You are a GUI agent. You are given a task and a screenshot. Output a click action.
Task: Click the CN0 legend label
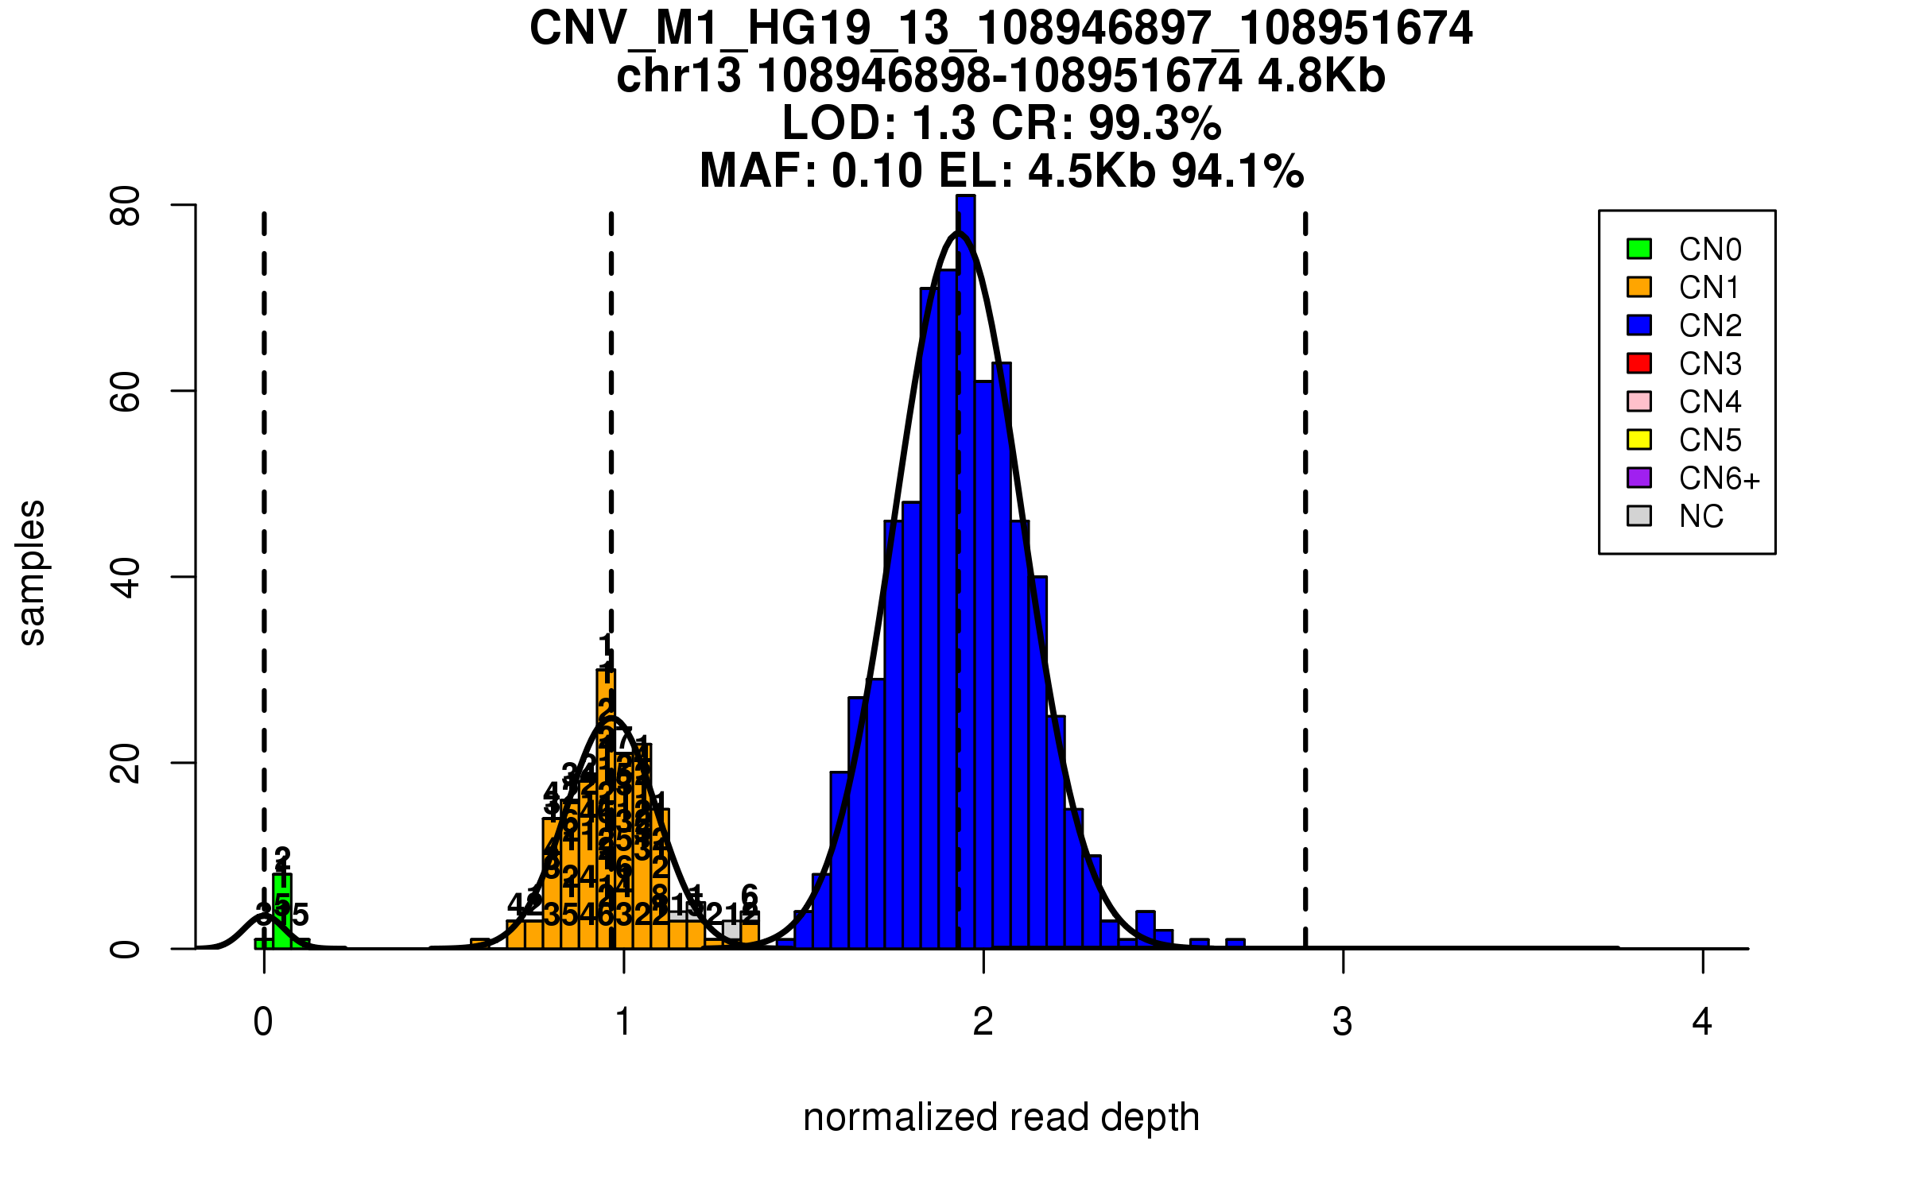pyautogui.click(x=1709, y=250)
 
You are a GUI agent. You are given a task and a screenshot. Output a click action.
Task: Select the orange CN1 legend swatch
pyautogui.click(x=1639, y=287)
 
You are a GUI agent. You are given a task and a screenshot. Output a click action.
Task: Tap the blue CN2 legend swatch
pyautogui.click(x=1639, y=325)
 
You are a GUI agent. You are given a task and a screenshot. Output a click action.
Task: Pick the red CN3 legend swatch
pyautogui.click(x=1639, y=363)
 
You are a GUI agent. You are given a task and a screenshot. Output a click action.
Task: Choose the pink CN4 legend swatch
pyautogui.click(x=1639, y=401)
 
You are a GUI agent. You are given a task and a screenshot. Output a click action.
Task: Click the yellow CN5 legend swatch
pyautogui.click(x=1639, y=439)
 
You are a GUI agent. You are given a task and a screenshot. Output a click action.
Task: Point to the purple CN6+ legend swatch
pyautogui.click(x=1639, y=478)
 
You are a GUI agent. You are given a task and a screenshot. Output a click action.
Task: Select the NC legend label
pyautogui.click(x=1701, y=517)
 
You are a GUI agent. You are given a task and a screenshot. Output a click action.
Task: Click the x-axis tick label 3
pyautogui.click(x=1343, y=1022)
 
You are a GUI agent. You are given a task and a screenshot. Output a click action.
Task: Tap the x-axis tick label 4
pyautogui.click(x=1702, y=1022)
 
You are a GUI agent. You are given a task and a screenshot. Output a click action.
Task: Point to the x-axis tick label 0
pyautogui.click(x=263, y=1022)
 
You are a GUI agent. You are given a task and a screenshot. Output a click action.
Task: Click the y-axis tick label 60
pyautogui.click(x=126, y=391)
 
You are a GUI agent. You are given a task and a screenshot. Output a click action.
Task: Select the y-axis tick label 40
pyautogui.click(x=126, y=577)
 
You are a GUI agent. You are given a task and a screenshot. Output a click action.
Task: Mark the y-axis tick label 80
pyautogui.click(x=126, y=206)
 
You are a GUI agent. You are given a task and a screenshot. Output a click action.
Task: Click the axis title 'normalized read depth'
pyautogui.click(x=1001, y=1117)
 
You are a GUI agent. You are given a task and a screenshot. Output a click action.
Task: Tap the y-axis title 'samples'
pyautogui.click(x=32, y=572)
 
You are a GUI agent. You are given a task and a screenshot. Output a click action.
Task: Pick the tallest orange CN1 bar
pyautogui.click(x=606, y=811)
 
